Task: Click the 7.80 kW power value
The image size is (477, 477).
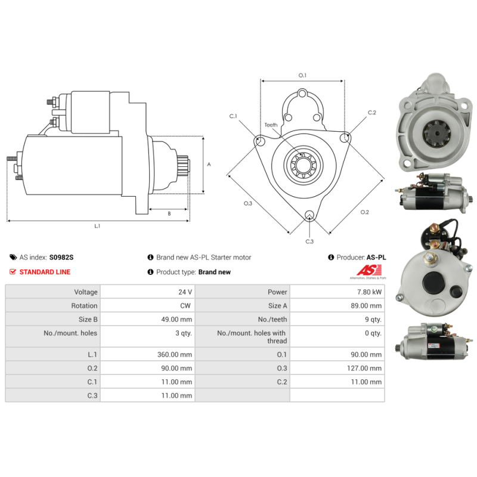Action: click(x=369, y=292)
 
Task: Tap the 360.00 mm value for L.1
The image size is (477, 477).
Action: click(x=175, y=354)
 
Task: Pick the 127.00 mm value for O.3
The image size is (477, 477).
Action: click(x=364, y=368)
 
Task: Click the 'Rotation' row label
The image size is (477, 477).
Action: click(x=84, y=306)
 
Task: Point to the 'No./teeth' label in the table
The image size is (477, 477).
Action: click(x=272, y=320)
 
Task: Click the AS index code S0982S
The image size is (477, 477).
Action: click(x=61, y=258)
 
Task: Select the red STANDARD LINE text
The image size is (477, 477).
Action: click(x=45, y=272)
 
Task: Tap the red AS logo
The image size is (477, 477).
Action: click(x=369, y=270)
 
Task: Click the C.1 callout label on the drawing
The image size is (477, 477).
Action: click(x=233, y=116)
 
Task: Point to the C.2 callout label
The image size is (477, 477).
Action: click(x=371, y=113)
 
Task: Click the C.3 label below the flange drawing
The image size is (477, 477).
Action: click(x=309, y=241)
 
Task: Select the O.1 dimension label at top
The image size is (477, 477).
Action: click(x=302, y=76)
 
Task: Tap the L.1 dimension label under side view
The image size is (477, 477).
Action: click(x=97, y=226)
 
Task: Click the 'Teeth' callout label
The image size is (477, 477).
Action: click(x=271, y=125)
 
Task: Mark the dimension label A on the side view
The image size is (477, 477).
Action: click(x=209, y=165)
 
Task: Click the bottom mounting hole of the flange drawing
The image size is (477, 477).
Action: click(x=309, y=215)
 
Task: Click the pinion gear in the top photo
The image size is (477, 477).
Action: click(x=436, y=133)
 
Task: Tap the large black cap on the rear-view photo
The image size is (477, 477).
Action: click(x=433, y=281)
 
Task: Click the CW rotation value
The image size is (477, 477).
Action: click(x=185, y=306)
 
